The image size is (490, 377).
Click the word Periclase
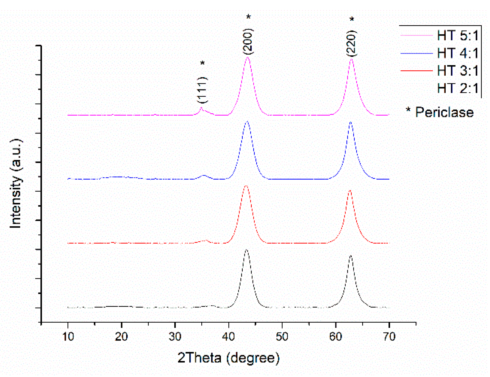[x=444, y=113]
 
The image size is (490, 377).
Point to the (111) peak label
[x=202, y=90]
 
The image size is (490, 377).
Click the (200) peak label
[x=248, y=41]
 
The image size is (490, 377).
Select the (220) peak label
[x=351, y=43]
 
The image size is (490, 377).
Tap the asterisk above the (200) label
[x=248, y=17]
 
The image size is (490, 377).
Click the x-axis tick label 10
[x=68, y=337]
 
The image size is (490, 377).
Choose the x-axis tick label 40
[x=228, y=337]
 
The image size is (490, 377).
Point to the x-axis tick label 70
[x=389, y=337]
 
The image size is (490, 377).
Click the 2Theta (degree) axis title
[x=228, y=358]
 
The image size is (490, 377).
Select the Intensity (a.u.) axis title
[x=16, y=183]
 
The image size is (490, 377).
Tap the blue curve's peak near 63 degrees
[x=350, y=122]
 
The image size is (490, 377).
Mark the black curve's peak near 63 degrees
[x=350, y=256]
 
